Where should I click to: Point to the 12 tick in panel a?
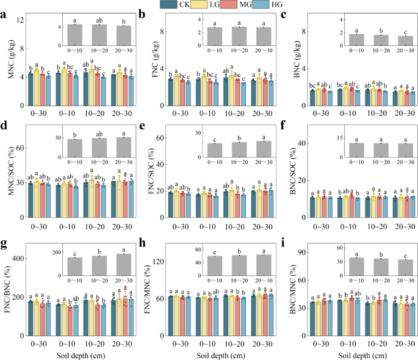pyautogui.click(x=19, y=21)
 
